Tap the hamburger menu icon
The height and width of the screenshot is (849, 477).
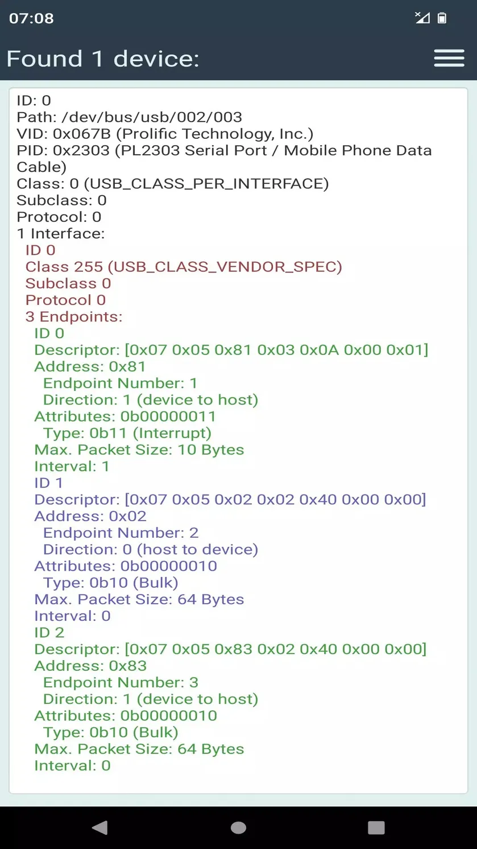[x=449, y=58]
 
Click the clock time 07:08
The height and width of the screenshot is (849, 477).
[x=31, y=18]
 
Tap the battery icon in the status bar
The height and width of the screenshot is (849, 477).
[x=442, y=18]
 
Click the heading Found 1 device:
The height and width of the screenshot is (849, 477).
[x=103, y=59]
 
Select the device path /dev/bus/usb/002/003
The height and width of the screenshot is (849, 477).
[x=152, y=117]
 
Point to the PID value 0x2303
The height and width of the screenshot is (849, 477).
[x=81, y=150]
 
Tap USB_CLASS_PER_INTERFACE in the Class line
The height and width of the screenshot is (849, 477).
[x=206, y=184]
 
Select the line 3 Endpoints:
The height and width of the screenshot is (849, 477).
[x=74, y=317]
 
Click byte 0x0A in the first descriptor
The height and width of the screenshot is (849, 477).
[x=319, y=350]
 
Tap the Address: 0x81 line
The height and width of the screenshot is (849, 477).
[x=90, y=366]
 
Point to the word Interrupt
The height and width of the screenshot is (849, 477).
[x=172, y=433]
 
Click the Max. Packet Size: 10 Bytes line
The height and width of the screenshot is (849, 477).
[x=139, y=450]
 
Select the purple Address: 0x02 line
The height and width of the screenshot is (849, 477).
[x=90, y=516]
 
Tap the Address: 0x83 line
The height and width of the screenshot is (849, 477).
[x=90, y=666]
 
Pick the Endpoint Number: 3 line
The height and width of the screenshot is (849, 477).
[x=121, y=683]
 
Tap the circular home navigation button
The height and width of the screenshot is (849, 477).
[x=239, y=828]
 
